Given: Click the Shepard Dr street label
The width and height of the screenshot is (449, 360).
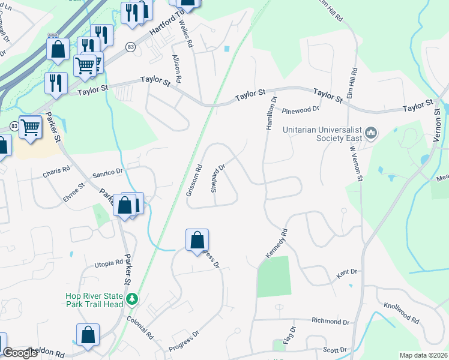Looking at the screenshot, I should (x=217, y=178).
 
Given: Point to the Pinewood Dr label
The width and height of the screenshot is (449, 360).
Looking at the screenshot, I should (x=301, y=110).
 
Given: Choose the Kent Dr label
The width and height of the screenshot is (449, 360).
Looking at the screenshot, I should (x=348, y=272).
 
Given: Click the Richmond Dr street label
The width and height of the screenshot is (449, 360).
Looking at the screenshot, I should (x=330, y=322).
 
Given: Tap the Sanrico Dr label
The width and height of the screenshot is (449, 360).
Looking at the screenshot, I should (x=107, y=172).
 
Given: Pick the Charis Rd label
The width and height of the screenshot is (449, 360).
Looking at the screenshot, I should (x=56, y=172).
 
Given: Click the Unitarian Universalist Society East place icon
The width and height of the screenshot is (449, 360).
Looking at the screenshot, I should (x=371, y=131).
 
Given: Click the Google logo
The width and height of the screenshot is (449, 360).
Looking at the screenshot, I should (x=20, y=353).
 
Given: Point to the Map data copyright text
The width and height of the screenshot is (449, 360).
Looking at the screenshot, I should (x=423, y=355).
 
